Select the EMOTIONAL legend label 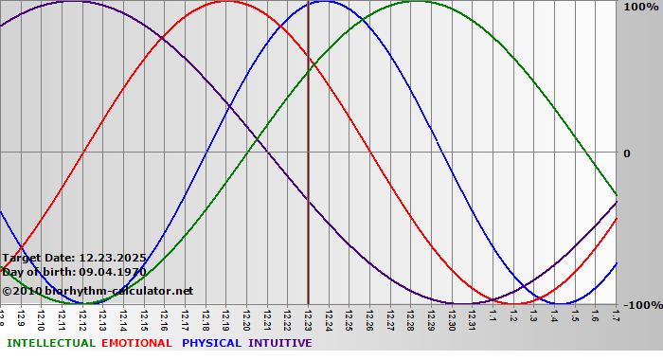pos(136,343)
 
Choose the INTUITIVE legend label pos(279,343)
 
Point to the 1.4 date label pos(554,315)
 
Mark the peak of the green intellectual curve pos(417,1)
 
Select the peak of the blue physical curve pos(323,1)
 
